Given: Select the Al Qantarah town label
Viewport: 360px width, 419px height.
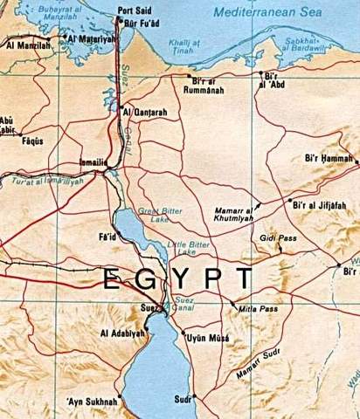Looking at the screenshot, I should pyautogui.click(x=143, y=112).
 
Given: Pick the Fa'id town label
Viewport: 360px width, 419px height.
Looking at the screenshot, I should pyautogui.click(x=107, y=237).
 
